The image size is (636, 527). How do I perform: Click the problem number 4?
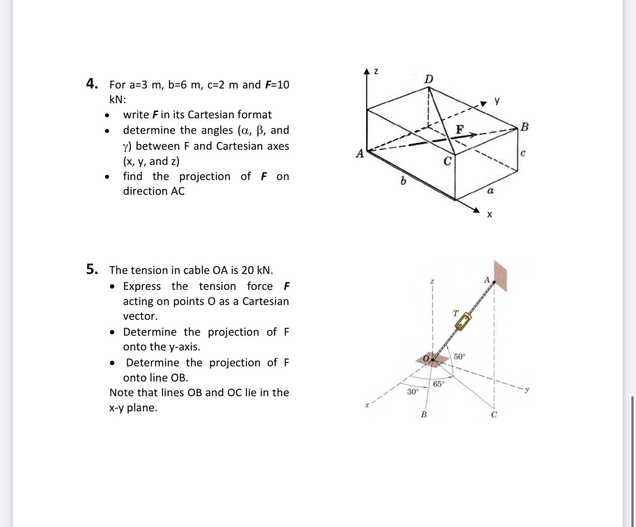92,83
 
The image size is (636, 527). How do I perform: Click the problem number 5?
92,269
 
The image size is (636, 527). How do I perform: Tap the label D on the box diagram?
429,79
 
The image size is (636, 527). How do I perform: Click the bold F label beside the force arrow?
460,129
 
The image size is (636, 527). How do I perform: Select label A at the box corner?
360,154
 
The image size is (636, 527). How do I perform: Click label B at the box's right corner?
524,127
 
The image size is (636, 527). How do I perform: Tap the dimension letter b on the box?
403,181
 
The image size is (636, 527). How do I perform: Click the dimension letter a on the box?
490,191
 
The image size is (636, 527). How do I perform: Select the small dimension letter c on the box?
523,153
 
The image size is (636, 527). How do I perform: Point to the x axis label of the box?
489,215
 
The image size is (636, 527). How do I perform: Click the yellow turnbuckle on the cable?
463,322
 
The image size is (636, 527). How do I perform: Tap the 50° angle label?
459,356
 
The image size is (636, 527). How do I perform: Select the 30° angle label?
413,392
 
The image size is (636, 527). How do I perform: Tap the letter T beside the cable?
456,313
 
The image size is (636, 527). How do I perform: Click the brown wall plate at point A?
500,276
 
